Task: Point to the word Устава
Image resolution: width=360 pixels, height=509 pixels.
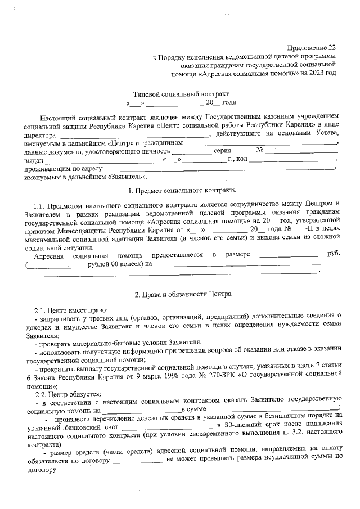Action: click(327, 135)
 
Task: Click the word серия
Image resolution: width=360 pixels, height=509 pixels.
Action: click(223, 151)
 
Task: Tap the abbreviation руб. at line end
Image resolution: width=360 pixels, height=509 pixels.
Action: click(334, 254)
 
